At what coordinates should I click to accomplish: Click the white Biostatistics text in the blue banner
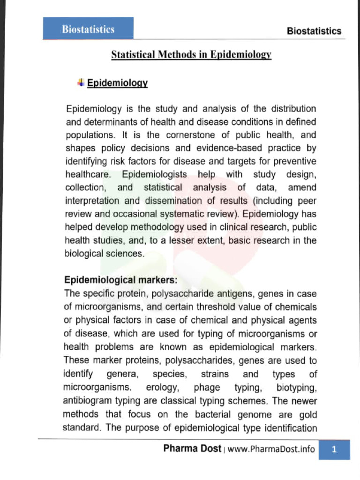(x=88, y=29)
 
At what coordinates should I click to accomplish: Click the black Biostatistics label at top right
(x=314, y=31)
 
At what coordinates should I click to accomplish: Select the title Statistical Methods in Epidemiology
(x=191, y=54)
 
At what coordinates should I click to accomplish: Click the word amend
(x=302, y=187)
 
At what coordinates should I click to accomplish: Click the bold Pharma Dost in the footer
(x=192, y=449)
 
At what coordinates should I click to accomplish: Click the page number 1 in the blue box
(x=334, y=450)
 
